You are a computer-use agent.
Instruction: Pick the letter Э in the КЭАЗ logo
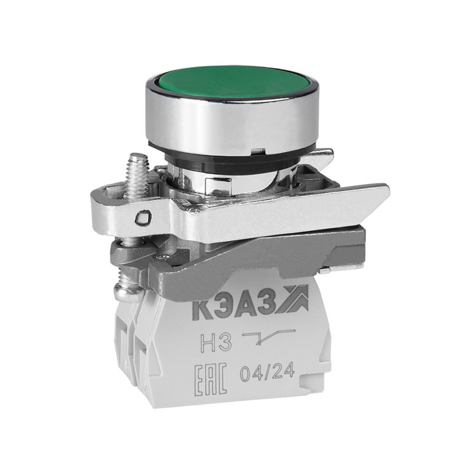(x=222, y=307)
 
